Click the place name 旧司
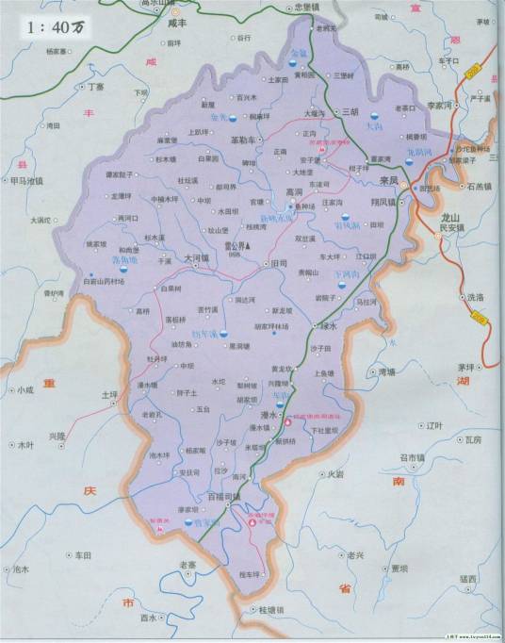point(279,264)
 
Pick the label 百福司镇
point(224,496)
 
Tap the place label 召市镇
point(413,458)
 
